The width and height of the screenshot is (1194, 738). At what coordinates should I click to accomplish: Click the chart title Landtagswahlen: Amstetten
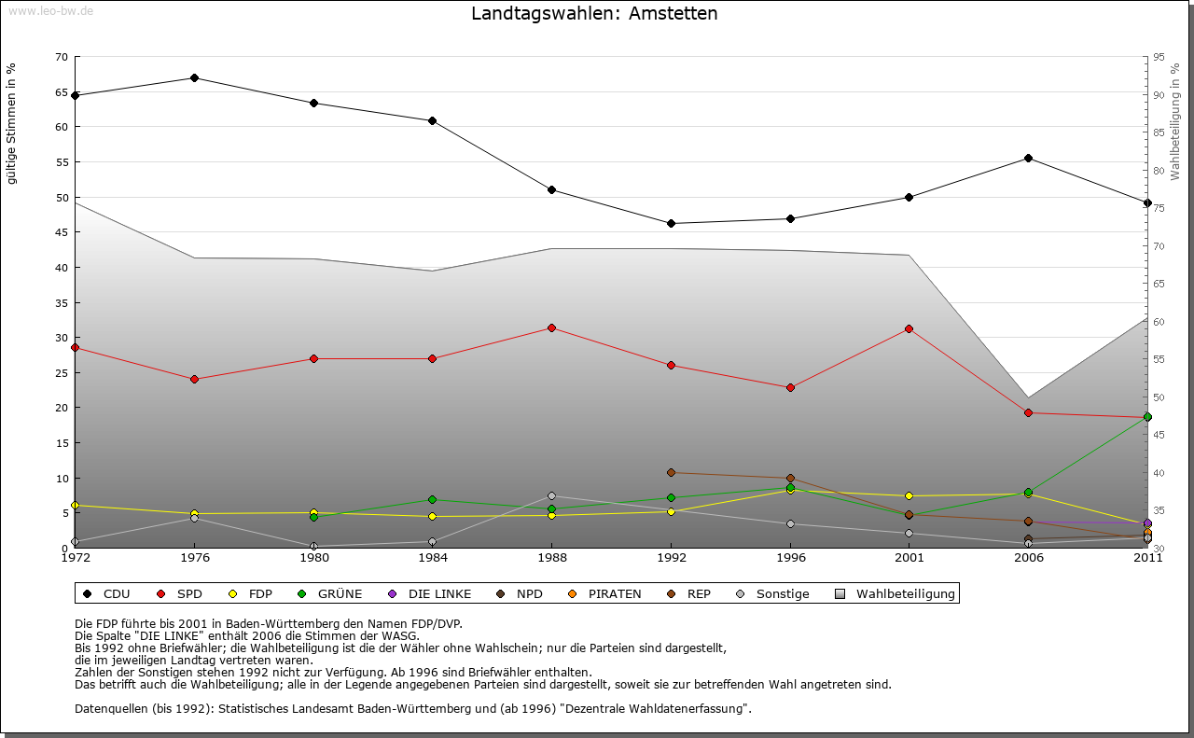594,14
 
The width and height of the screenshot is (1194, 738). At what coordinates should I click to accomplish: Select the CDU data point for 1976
194,77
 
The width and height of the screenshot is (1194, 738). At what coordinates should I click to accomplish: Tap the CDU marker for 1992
671,224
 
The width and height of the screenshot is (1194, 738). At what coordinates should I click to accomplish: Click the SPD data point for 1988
551,327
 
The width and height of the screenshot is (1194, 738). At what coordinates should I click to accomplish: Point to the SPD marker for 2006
1028,412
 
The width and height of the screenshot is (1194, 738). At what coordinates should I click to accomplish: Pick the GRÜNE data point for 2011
1147,417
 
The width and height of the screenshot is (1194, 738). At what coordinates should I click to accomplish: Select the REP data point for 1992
671,472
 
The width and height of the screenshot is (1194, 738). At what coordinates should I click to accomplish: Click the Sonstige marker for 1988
551,495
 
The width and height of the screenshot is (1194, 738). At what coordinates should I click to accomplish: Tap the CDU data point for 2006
1028,158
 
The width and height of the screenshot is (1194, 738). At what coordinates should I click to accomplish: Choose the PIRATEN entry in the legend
605,593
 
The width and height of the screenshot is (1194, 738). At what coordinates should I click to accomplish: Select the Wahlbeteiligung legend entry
895,593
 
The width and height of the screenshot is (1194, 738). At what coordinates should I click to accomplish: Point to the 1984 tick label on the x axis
432,558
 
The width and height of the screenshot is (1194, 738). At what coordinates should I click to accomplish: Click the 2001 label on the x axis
909,558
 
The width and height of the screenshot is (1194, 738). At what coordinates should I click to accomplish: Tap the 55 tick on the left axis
62,162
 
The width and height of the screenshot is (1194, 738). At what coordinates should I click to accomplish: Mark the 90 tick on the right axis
1159,95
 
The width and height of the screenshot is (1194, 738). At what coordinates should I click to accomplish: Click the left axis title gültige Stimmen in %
12,123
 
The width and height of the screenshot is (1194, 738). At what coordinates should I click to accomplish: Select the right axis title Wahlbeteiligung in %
1175,121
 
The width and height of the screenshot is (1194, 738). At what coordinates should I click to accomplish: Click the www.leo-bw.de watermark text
50,10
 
